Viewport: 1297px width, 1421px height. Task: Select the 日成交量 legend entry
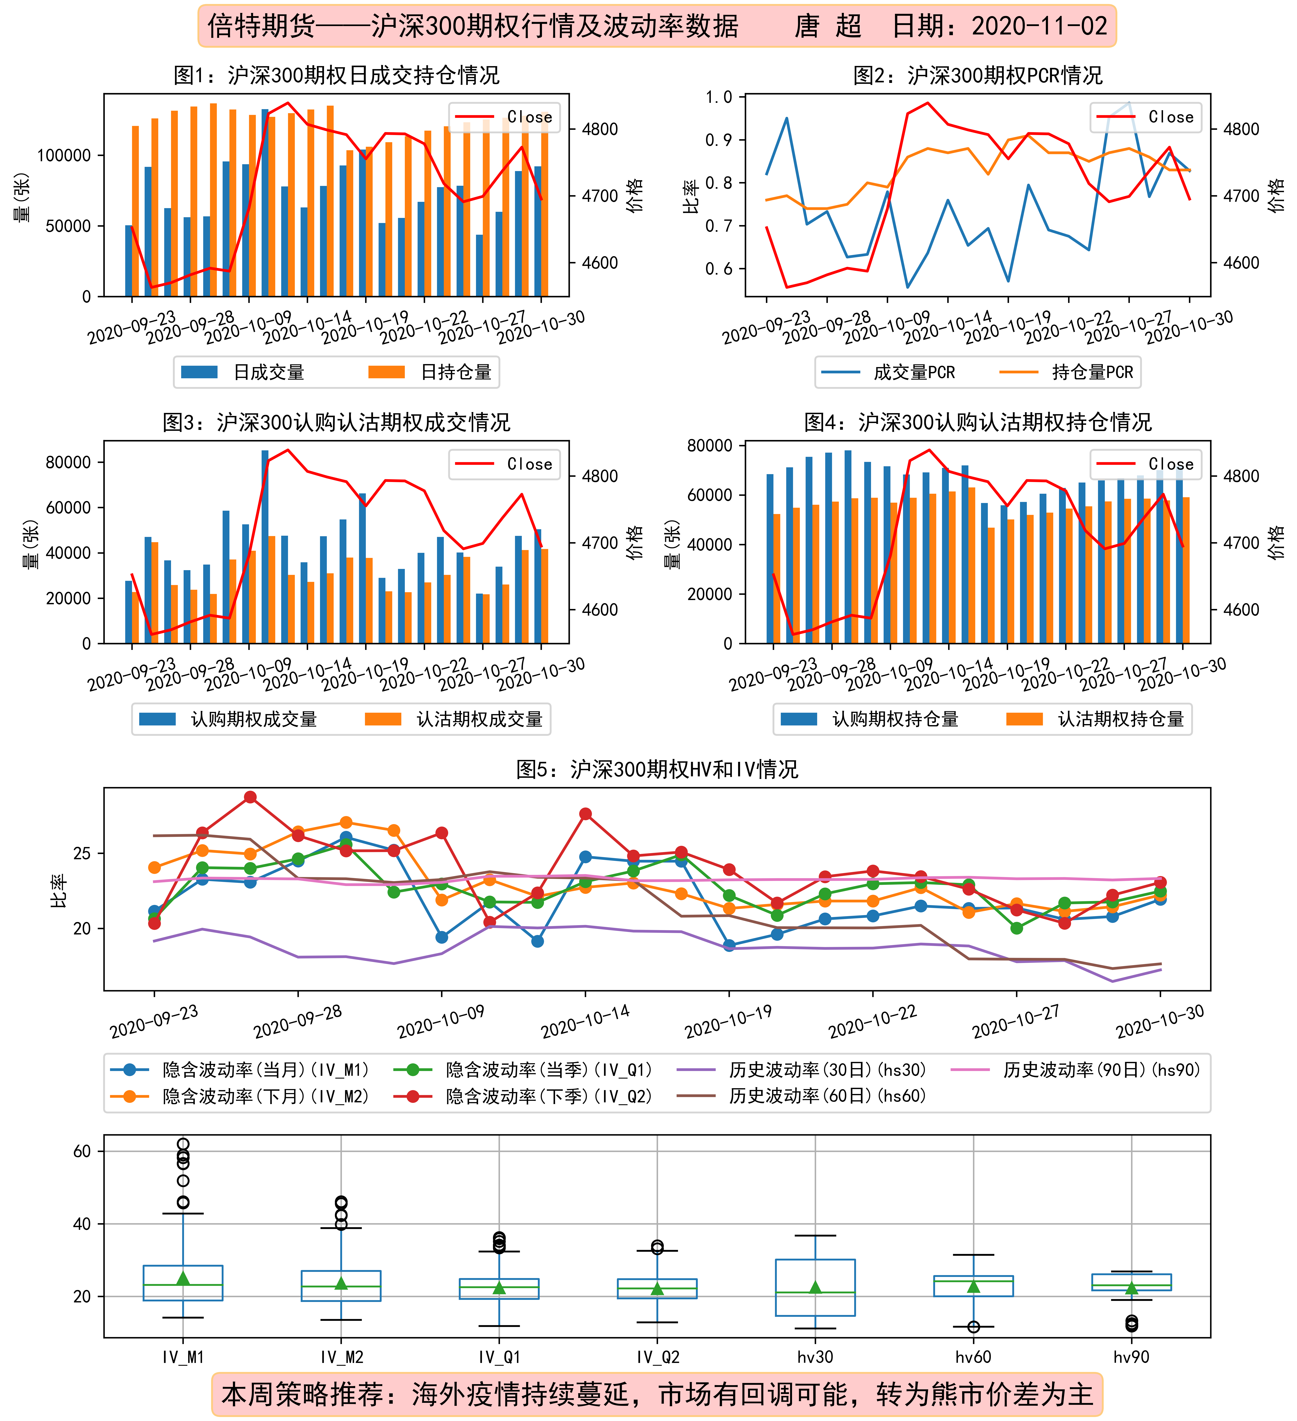243,372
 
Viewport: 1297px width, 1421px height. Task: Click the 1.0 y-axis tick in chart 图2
719,97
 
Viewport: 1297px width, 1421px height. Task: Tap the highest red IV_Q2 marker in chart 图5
250,797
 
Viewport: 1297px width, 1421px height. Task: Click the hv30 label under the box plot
816,1357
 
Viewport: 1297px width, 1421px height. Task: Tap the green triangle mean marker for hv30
816,1287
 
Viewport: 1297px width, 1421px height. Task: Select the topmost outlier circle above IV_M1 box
183,1144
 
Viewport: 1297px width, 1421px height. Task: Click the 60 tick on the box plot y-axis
83,1151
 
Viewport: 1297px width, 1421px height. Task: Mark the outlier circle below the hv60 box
973,1327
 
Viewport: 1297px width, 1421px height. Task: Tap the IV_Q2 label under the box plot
658,1357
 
